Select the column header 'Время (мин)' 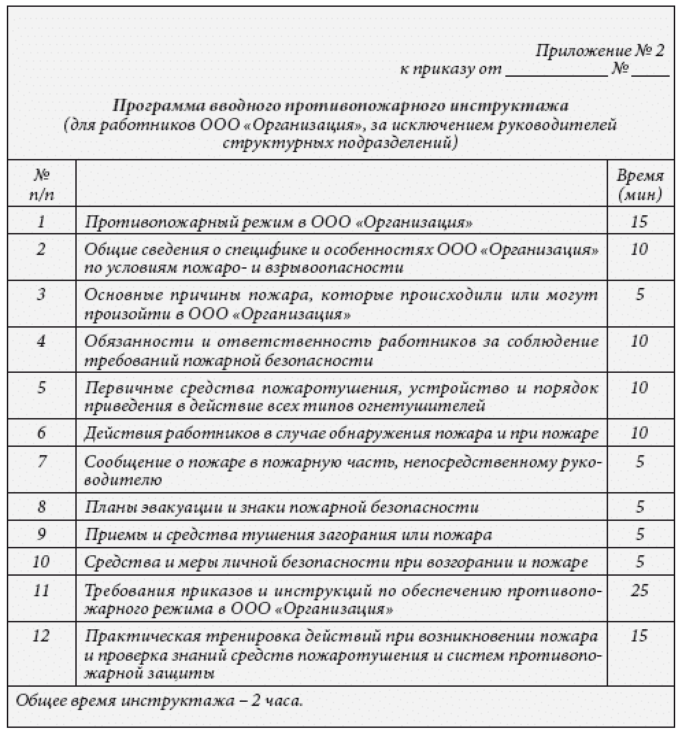[640, 184]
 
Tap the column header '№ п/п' [42, 184]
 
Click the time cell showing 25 [640, 589]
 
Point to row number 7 [42, 461]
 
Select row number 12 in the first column [42, 635]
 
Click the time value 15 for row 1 [640, 221]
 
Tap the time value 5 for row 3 [640, 295]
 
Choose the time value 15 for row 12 [640, 635]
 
